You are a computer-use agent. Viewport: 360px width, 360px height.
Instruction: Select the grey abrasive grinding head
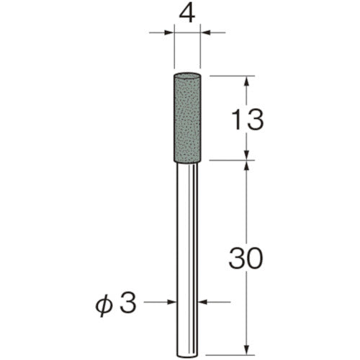point(189,119)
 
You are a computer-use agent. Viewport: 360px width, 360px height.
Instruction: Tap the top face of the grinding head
point(189,76)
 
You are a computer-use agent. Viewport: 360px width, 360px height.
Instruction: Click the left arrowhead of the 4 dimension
point(170,32)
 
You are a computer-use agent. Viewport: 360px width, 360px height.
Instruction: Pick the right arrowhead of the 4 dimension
point(207,32)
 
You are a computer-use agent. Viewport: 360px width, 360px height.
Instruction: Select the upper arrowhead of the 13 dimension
point(247,81)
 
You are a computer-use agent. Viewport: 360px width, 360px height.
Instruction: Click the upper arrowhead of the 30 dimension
point(247,167)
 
